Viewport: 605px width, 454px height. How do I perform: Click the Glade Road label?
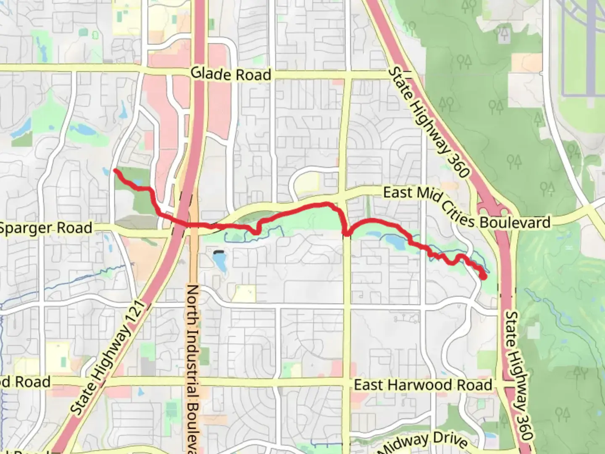tap(231, 74)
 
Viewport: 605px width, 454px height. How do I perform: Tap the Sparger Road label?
tap(45, 228)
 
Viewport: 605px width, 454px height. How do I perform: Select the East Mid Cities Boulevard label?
tap(466, 208)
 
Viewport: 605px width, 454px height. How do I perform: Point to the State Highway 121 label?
tap(108, 358)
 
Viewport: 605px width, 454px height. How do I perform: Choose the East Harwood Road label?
tap(423, 385)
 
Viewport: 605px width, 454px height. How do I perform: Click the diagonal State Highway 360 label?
tap(427, 121)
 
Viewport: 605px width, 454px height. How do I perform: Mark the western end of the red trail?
tap(115, 170)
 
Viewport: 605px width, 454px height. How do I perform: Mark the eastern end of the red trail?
tap(484, 277)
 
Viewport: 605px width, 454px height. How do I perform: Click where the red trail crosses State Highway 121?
tap(181, 223)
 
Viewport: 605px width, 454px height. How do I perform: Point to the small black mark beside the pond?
tap(218, 253)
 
